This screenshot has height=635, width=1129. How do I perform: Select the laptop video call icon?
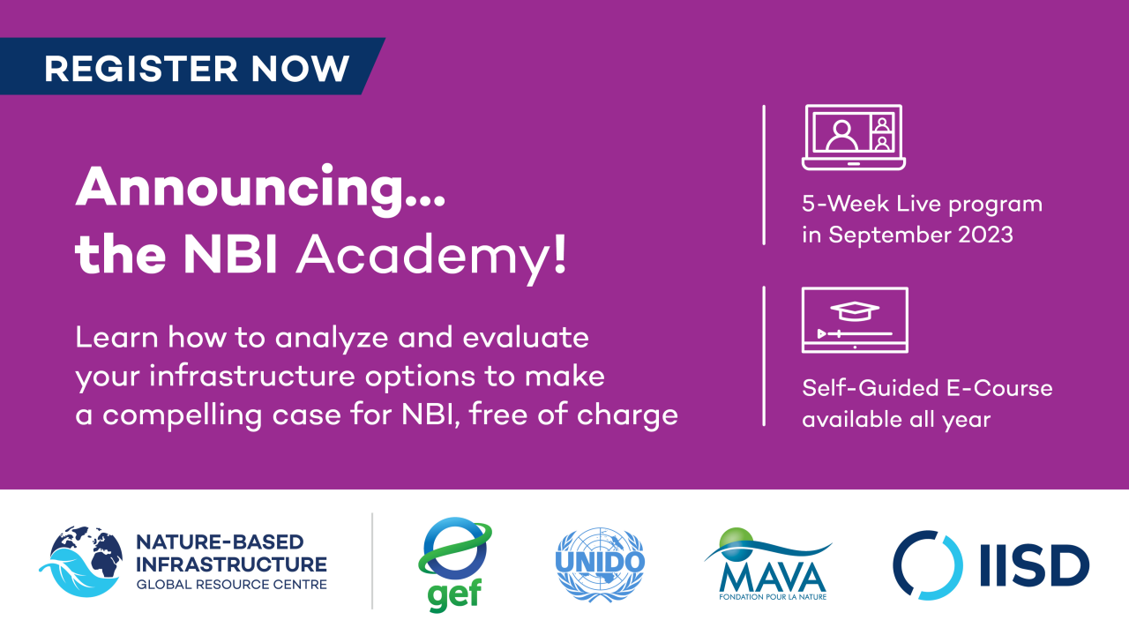click(x=853, y=137)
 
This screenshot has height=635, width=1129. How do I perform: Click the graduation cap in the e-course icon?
click(x=855, y=311)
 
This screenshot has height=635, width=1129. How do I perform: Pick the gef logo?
click(x=454, y=564)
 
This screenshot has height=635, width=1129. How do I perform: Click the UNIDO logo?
click(x=600, y=564)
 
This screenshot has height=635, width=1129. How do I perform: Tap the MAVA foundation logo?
click(x=768, y=564)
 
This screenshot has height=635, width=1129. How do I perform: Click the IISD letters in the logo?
click(x=1035, y=565)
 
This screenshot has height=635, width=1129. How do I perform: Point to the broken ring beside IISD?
click(x=927, y=565)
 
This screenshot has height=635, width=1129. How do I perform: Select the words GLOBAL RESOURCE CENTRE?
click(x=232, y=585)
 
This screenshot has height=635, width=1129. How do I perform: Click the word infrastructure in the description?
click(x=251, y=376)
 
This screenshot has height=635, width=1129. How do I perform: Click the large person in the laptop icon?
click(x=841, y=135)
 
